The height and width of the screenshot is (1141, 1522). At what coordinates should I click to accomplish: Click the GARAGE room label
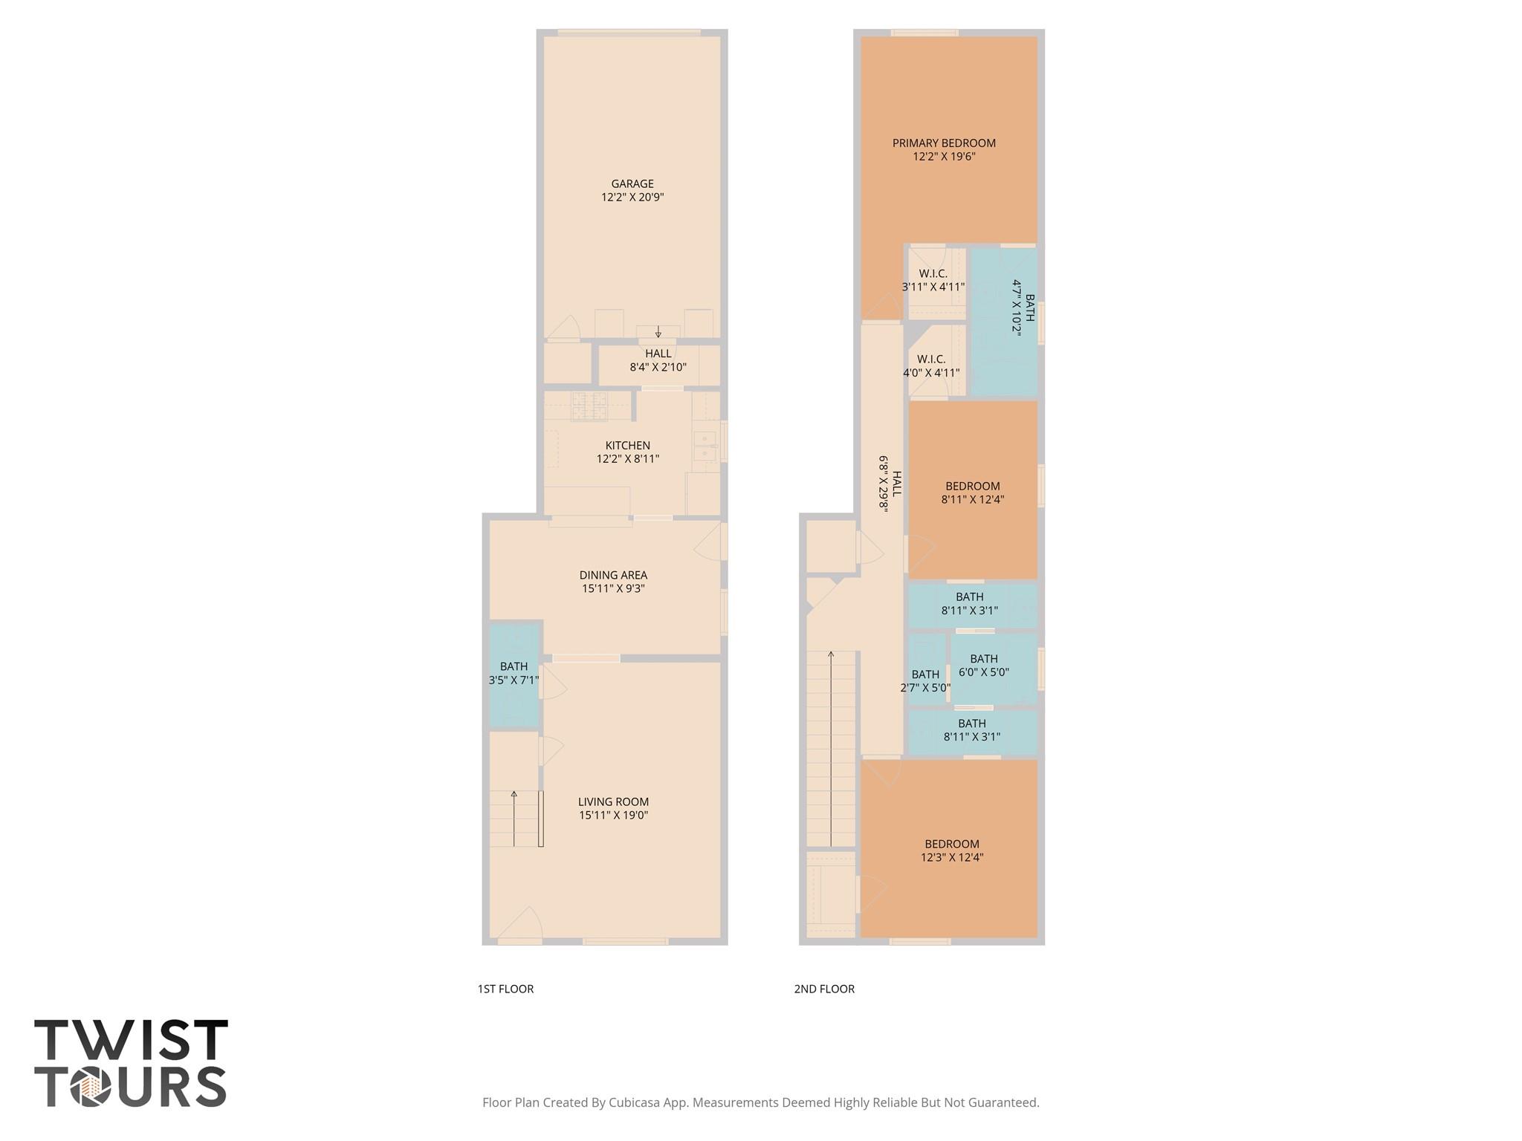[632, 184]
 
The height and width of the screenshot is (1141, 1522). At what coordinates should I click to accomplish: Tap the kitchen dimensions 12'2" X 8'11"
[627, 459]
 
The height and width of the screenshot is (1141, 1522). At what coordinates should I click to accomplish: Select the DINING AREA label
[613, 575]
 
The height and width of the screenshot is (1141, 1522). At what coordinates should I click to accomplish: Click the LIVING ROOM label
[613, 802]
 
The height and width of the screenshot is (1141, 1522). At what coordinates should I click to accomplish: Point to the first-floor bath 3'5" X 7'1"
[514, 673]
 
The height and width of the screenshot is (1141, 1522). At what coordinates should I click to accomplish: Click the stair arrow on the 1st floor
[514, 817]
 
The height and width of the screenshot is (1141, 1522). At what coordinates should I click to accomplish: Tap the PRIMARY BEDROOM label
[944, 143]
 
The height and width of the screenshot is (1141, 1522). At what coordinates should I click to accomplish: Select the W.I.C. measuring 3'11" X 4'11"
[933, 280]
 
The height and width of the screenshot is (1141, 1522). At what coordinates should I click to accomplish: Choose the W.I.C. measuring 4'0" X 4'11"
[931, 366]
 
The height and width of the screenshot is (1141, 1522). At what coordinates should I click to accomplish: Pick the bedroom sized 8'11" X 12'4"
[972, 493]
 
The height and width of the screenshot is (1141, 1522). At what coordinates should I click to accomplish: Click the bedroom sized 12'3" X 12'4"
[951, 851]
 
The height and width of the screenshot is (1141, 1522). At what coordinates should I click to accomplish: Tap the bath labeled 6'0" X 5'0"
[983, 666]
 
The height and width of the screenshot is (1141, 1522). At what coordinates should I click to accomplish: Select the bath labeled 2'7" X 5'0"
[925, 681]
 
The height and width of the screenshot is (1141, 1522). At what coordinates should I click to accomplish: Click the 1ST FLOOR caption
[505, 989]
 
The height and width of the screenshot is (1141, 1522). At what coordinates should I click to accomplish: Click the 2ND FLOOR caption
[824, 989]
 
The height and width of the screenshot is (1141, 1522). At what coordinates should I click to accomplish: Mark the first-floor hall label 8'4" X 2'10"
[658, 367]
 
